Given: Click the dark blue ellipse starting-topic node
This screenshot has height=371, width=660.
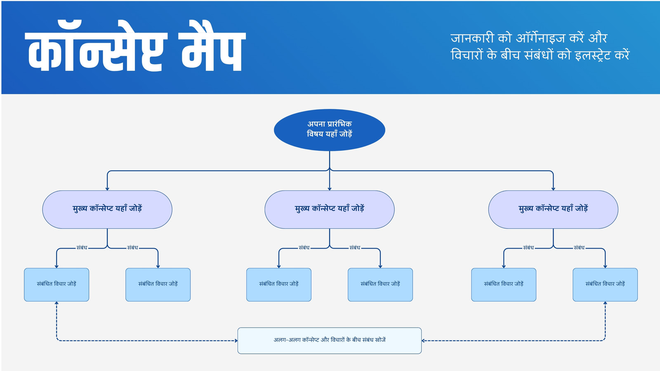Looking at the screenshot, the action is [330, 130].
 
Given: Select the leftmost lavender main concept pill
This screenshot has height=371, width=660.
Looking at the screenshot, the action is [107, 209].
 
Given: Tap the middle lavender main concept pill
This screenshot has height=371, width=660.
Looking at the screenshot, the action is [330, 209].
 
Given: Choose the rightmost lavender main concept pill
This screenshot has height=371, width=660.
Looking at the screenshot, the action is [553, 209].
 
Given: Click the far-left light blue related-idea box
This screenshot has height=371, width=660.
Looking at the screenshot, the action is [57, 284].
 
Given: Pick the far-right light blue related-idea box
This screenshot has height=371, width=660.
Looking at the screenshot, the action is [605, 284].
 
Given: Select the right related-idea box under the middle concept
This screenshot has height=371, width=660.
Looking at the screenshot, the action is [380, 284].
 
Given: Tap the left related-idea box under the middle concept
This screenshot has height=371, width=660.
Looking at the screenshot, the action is [279, 284].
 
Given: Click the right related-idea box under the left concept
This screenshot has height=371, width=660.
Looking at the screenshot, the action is [158, 284].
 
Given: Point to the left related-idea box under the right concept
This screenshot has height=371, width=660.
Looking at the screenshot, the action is [504, 284].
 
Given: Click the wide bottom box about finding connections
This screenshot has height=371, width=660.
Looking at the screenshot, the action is [330, 340].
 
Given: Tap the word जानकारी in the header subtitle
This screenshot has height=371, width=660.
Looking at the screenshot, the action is [472, 38].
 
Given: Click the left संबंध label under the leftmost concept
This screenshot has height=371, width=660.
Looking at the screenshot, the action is [82, 248].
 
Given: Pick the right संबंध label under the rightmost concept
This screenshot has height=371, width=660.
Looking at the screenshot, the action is [579, 248].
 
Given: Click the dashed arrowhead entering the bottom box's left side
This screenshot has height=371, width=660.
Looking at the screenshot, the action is [236, 340].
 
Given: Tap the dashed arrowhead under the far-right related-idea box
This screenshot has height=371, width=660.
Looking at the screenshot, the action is [605, 303].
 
